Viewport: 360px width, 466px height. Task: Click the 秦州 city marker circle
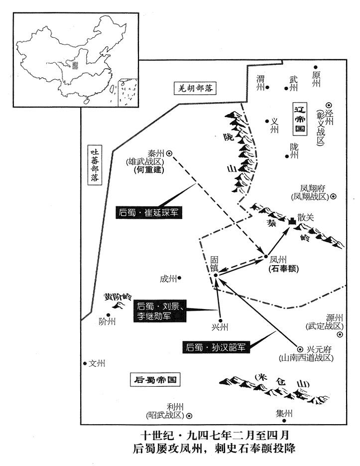coord(169,154)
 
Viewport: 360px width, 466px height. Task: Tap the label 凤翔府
coord(313,188)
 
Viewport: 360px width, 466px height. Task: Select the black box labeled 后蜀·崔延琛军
coord(147,213)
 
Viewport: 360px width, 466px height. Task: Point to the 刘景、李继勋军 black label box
coord(159,311)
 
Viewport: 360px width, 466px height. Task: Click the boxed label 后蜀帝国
coord(154,379)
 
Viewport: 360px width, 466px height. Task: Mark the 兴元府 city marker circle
coord(300,349)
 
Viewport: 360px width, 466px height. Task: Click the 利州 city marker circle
coord(189,415)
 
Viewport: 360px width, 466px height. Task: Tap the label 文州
coord(97,363)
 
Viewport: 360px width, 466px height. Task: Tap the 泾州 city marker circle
coord(329,105)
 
